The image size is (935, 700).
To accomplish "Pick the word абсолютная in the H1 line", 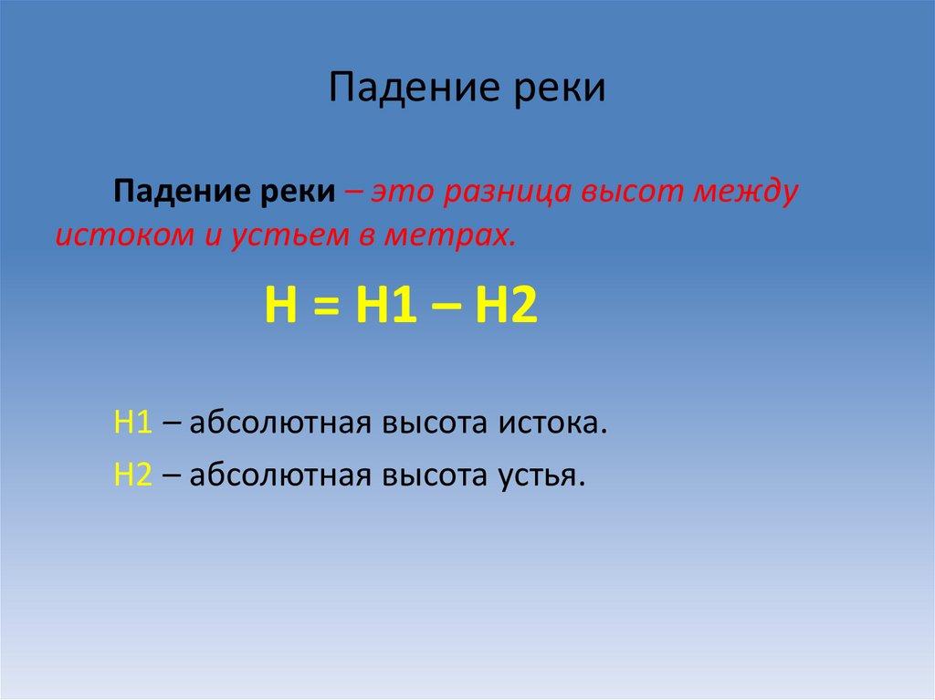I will click(279, 424).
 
